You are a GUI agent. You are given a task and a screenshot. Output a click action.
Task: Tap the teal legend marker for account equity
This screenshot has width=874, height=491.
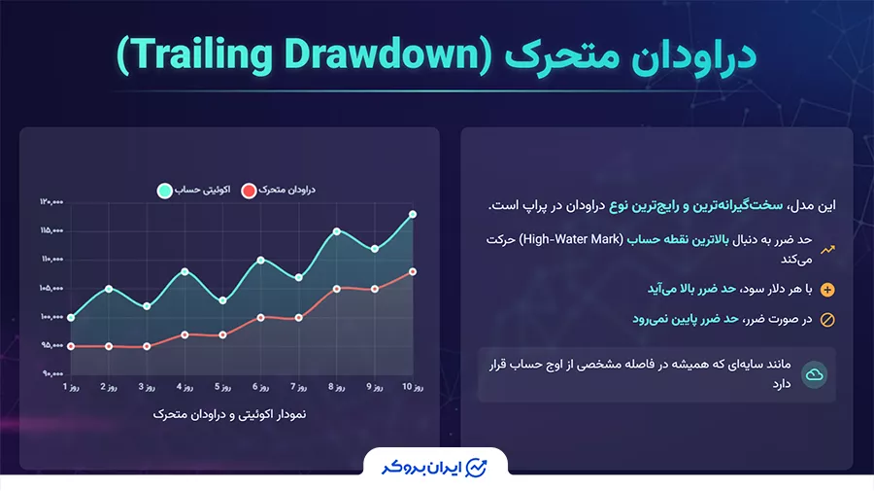pyautogui.click(x=164, y=190)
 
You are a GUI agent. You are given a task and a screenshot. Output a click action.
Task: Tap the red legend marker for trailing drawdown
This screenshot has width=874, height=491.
pyautogui.click(x=249, y=190)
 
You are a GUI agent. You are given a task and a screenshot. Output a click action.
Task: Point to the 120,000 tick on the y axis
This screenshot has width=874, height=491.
pyautogui.click(x=51, y=202)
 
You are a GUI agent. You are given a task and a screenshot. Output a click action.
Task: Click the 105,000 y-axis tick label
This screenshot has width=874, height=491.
pyautogui.click(x=51, y=289)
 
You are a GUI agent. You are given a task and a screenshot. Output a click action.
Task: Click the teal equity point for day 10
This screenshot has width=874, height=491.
pyautogui.click(x=413, y=214)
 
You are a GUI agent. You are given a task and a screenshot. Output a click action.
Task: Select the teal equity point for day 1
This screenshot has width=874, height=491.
pyautogui.click(x=71, y=318)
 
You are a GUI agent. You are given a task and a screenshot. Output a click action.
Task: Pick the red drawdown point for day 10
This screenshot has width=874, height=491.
pyautogui.click(x=413, y=271)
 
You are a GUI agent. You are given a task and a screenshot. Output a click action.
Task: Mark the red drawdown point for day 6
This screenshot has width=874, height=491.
pyautogui.click(x=261, y=317)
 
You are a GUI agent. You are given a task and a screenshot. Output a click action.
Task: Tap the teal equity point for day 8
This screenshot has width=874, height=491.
pyautogui.click(x=337, y=231)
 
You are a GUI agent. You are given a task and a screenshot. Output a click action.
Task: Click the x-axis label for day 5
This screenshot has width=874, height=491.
pyautogui.click(x=223, y=387)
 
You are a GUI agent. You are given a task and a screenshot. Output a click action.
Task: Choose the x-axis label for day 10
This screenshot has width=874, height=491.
pyautogui.click(x=413, y=387)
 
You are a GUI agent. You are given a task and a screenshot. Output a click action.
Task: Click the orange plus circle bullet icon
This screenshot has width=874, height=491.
pyautogui.click(x=827, y=290)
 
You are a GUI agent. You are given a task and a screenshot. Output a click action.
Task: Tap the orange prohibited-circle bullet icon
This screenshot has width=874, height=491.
pyautogui.click(x=827, y=319)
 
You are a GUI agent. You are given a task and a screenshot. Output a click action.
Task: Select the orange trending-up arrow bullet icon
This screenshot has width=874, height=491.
pyautogui.click(x=827, y=249)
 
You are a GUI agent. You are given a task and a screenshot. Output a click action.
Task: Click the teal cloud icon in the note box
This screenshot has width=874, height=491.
pyautogui.click(x=814, y=374)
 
